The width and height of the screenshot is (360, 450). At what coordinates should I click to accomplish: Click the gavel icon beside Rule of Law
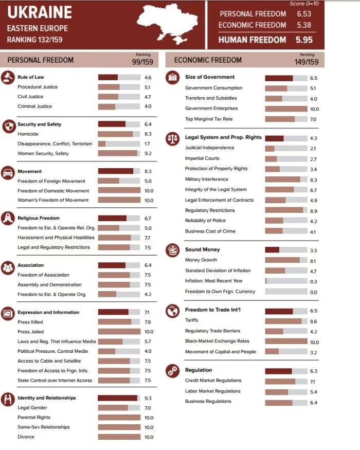click(8, 77)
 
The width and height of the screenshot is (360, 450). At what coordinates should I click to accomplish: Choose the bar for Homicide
click(119, 134)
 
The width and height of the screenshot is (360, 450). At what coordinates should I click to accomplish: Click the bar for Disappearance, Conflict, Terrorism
click(119, 143)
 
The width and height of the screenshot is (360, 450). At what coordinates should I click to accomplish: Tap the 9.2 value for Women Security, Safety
click(148, 153)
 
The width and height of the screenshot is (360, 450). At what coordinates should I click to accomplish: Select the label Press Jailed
click(31, 332)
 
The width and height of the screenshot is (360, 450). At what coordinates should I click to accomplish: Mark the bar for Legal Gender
click(119, 407)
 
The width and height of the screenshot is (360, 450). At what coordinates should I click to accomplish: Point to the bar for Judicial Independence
click(286, 148)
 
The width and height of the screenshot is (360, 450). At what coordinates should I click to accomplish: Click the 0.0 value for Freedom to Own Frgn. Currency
click(313, 292)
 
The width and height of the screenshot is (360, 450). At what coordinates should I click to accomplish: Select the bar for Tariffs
click(286, 321)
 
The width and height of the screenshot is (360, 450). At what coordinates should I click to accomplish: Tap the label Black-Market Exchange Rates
click(217, 341)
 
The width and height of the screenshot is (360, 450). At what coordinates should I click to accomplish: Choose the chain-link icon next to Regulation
click(172, 370)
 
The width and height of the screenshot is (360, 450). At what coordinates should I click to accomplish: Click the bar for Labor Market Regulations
click(286, 392)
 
